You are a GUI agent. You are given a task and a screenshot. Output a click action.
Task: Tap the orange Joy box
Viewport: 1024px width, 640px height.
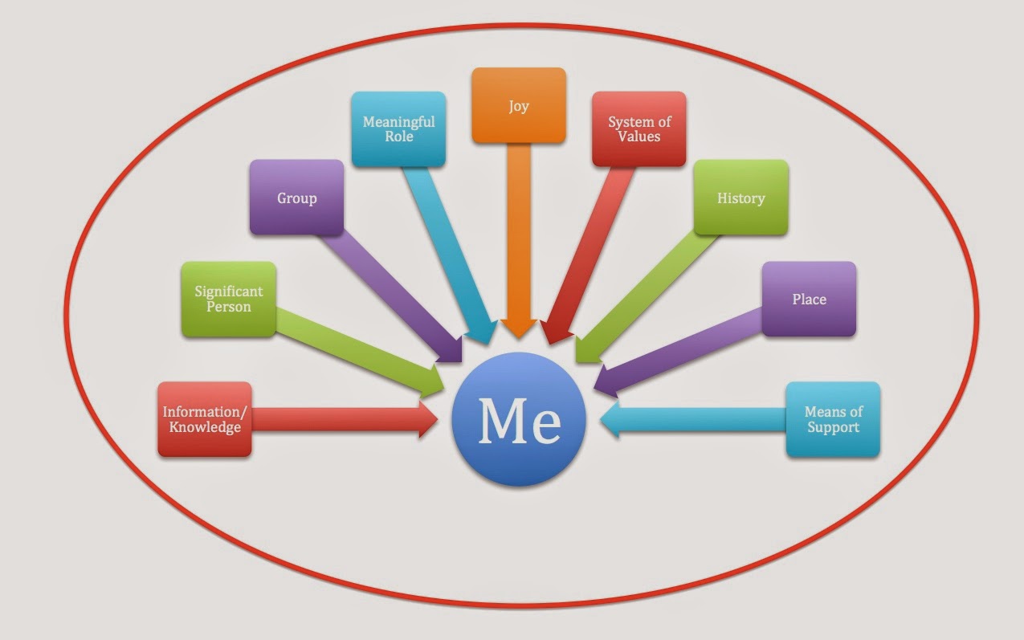pyautogui.click(x=519, y=106)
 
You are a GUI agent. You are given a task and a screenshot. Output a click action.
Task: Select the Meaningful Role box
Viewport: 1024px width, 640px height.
pyautogui.click(x=398, y=129)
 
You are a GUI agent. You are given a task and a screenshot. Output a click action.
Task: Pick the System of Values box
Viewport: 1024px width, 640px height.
pyautogui.click(x=638, y=129)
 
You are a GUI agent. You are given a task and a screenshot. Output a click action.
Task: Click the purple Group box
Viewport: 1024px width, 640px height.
pyautogui.click(x=296, y=198)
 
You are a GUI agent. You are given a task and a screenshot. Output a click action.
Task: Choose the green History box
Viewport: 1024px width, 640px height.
pyautogui.click(x=740, y=198)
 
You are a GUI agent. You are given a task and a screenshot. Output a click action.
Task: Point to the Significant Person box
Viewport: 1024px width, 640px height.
pyautogui.click(x=229, y=300)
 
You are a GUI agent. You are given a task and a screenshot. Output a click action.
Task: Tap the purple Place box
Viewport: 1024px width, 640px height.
pyautogui.click(x=809, y=299)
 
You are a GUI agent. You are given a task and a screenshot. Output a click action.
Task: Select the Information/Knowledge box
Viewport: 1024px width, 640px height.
pyautogui.click(x=205, y=419)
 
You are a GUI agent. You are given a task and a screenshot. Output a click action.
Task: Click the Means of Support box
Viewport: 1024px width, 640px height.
pyautogui.click(x=833, y=419)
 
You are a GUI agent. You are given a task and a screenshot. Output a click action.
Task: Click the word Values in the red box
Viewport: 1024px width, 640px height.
pyautogui.click(x=639, y=137)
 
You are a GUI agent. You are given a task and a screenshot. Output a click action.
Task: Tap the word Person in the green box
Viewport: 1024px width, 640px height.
pyautogui.click(x=229, y=307)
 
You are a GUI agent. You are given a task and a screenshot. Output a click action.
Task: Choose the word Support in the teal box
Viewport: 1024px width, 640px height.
pyautogui.click(x=833, y=427)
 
